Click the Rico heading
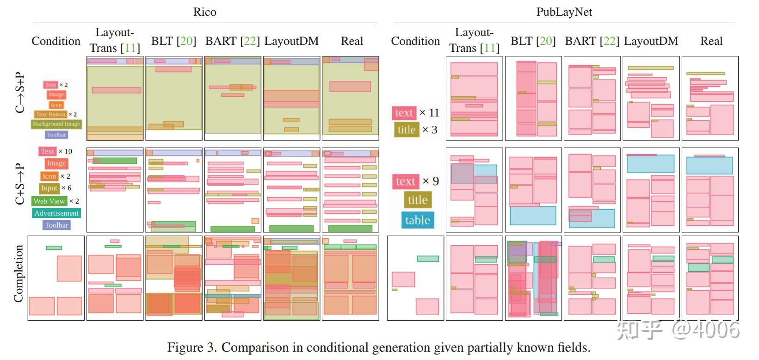(x=204, y=12)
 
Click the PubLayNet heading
(x=564, y=12)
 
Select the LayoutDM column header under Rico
(x=291, y=41)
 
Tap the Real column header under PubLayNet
(x=711, y=41)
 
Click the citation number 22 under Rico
(x=249, y=41)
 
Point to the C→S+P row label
(x=19, y=93)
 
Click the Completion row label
(x=19, y=274)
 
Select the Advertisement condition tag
(x=56, y=213)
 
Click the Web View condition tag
(x=49, y=201)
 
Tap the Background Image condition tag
(x=56, y=124)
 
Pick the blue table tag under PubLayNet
(x=417, y=220)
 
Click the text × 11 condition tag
(x=404, y=113)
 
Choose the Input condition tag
(x=49, y=188)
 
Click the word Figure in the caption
(x=185, y=348)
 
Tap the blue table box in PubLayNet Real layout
(x=710, y=166)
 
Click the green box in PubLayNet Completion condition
(x=428, y=259)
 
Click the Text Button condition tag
(x=50, y=114)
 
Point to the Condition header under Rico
(x=56, y=41)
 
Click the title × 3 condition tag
(x=407, y=130)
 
